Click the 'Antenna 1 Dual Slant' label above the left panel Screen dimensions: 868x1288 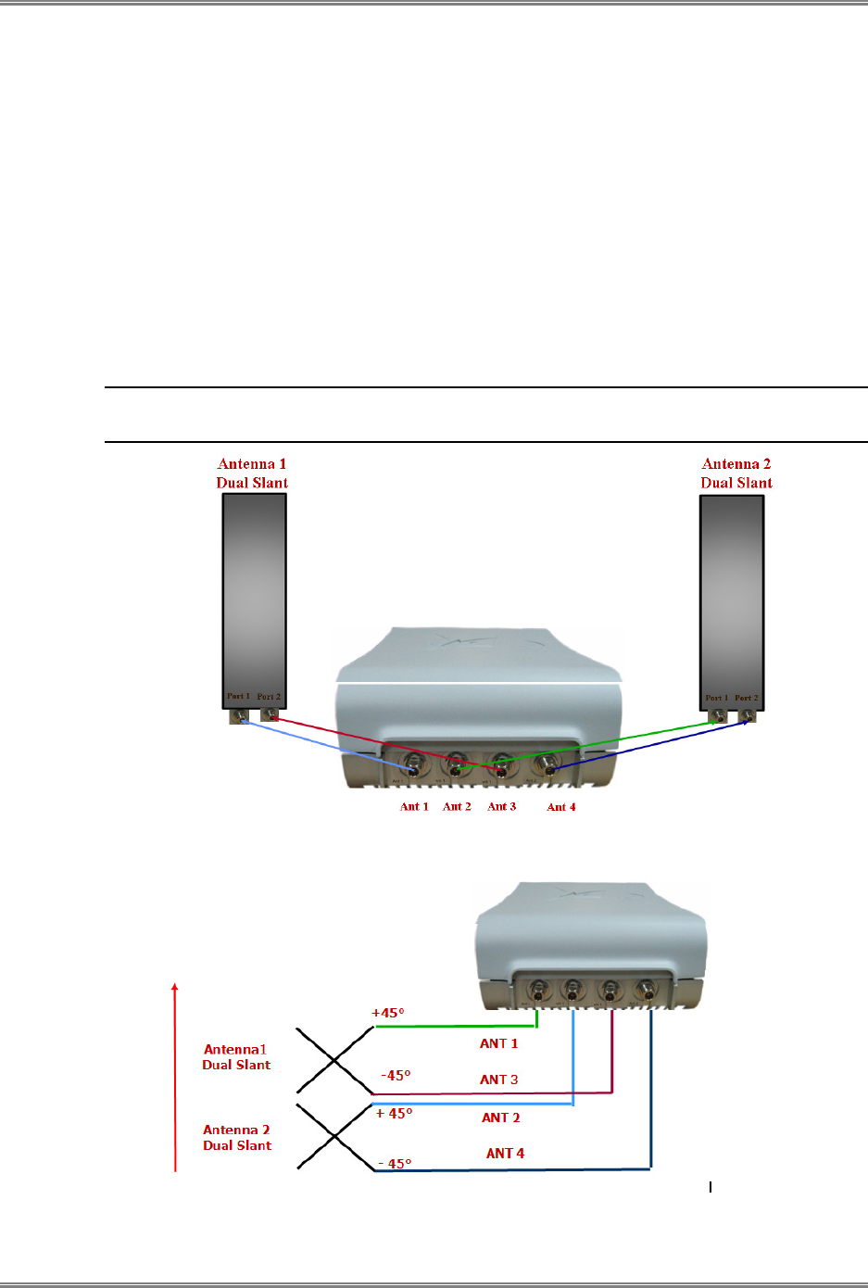[252, 474]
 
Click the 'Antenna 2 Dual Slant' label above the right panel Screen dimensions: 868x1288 [736, 474]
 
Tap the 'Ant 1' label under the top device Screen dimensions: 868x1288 [414, 807]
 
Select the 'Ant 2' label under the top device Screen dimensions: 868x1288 [457, 807]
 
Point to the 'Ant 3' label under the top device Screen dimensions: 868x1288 [502, 807]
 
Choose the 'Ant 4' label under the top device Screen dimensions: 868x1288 [561, 808]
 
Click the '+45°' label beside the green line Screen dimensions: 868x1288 [388, 1013]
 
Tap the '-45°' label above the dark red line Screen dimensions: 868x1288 [396, 1076]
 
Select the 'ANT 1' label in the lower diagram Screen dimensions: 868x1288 [498, 1044]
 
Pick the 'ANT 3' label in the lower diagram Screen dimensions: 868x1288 [498, 1080]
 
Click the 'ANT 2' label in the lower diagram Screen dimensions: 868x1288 [500, 1118]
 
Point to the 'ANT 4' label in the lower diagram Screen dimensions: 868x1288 [505, 1154]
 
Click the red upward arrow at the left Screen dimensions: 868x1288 [175, 1075]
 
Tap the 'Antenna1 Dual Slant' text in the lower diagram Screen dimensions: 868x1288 [236, 1057]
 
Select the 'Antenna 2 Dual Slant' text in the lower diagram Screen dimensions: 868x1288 [237, 1138]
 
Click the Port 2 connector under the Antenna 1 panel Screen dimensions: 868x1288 [270, 715]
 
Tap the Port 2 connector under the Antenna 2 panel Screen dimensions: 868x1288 [747, 716]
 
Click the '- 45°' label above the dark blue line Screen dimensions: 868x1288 [395, 1164]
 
